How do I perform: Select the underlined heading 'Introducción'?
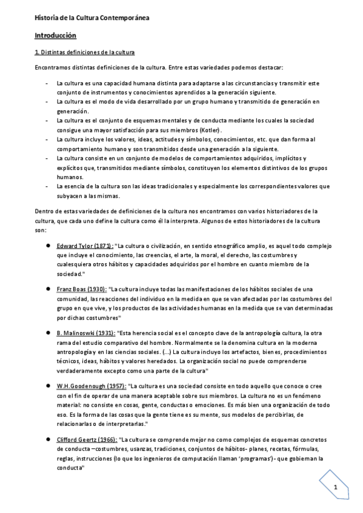(x=55, y=36)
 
